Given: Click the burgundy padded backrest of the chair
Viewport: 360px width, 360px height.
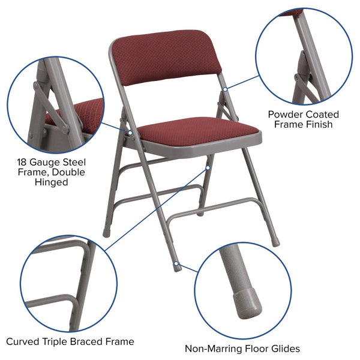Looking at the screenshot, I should coord(167,58).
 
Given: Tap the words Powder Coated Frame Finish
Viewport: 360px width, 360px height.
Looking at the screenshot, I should coord(303,119).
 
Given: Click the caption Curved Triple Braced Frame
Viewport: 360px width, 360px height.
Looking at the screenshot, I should coord(70,341).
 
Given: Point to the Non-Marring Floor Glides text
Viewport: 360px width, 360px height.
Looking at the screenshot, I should coord(242,348).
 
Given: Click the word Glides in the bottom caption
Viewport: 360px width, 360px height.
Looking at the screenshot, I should coord(284,348).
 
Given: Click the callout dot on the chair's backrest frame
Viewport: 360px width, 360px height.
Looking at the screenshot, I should coord(225,89).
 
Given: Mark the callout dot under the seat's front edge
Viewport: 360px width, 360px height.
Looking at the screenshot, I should coord(209,158).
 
